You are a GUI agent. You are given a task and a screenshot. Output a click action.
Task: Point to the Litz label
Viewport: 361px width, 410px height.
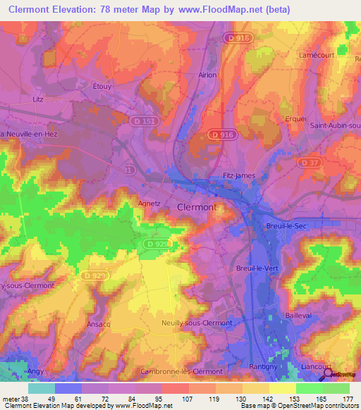[x=38, y=99]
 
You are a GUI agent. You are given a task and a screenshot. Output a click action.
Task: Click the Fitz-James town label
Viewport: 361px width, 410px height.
[x=233, y=175]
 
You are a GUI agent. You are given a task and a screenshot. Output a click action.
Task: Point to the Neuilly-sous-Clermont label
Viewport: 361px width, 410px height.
[x=197, y=322]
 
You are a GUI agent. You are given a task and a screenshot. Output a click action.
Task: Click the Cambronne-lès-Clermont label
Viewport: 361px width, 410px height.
[x=181, y=371]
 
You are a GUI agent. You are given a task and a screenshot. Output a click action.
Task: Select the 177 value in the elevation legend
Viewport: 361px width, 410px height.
[x=348, y=399]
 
